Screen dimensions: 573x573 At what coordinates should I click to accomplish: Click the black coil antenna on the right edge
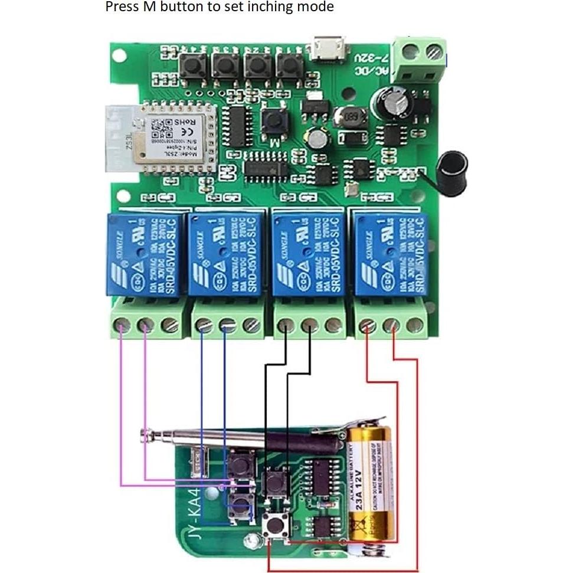451,165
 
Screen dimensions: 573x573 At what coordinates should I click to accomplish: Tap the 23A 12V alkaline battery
370,484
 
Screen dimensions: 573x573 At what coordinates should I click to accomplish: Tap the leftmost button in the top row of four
193,66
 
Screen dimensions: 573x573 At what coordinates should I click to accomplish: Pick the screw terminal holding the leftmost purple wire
122,325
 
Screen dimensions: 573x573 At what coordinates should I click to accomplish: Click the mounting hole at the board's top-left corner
119,56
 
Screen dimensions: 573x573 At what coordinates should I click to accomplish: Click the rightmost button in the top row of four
289,66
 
